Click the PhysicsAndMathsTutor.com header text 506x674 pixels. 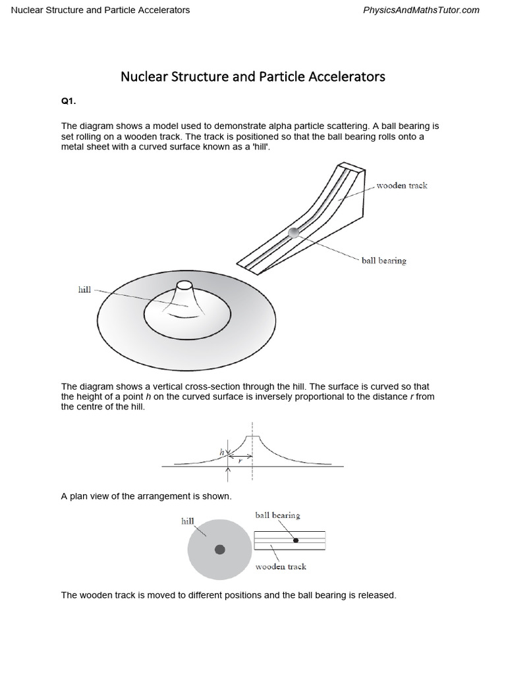point(421,10)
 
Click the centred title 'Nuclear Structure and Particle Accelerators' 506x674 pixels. point(252,76)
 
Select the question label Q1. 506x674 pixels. point(69,102)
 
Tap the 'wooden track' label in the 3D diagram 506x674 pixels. point(401,186)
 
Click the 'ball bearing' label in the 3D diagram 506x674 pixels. point(383,261)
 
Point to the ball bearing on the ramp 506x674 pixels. point(294,232)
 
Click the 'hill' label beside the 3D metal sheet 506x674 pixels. point(84,290)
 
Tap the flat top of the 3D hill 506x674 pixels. point(184,285)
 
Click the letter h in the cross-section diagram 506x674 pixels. point(222,452)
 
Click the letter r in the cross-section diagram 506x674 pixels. point(240,461)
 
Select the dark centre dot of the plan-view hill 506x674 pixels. point(219,550)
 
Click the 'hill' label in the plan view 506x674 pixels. point(188,521)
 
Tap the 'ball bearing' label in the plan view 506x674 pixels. point(277,515)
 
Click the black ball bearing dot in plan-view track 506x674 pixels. point(296,540)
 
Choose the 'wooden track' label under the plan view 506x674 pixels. point(281,566)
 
